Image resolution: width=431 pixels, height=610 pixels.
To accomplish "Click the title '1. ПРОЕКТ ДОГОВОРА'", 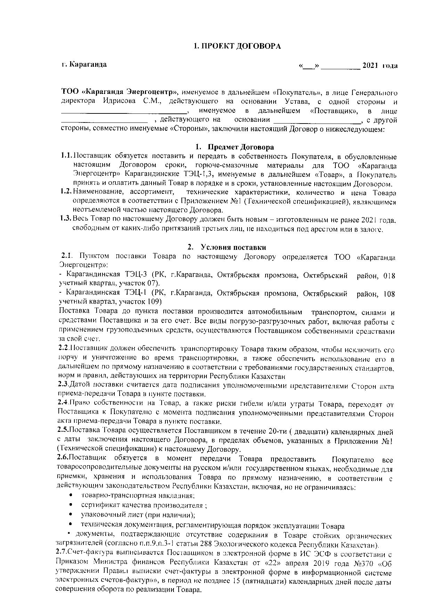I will (237, 46).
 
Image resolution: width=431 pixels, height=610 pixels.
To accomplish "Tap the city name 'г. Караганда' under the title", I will (84, 64).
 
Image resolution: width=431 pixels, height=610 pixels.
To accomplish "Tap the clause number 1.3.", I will (65, 219).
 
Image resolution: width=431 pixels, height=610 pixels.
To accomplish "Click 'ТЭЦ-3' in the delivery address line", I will (136, 275).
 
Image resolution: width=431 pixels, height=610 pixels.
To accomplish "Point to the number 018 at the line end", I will (389, 276).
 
